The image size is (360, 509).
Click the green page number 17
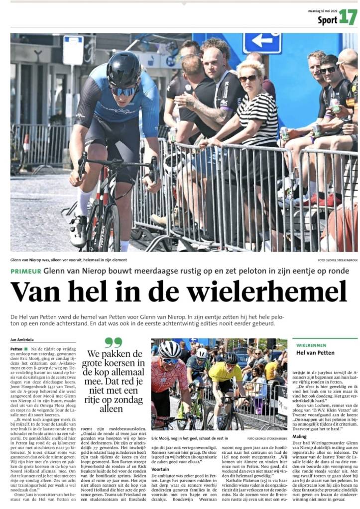(x=348, y=17)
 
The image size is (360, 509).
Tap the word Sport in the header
(x=327, y=20)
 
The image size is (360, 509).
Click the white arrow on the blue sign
(x=262, y=41)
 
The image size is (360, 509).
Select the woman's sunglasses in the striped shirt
(x=247, y=79)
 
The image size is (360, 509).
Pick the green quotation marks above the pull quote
(x=114, y=342)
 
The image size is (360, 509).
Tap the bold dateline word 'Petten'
(x=16, y=349)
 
